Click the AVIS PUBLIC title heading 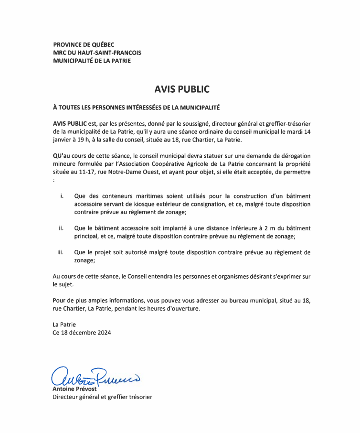tap(182, 89)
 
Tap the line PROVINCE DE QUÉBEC tap(84, 44)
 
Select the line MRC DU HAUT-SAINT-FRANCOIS tap(97, 53)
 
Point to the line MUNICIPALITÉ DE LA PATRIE tap(92, 61)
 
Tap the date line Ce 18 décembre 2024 tap(82, 333)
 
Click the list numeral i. tap(62, 196)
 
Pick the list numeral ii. tap(62, 228)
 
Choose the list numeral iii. tap(61, 252)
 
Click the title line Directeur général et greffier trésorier tap(102, 397)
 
